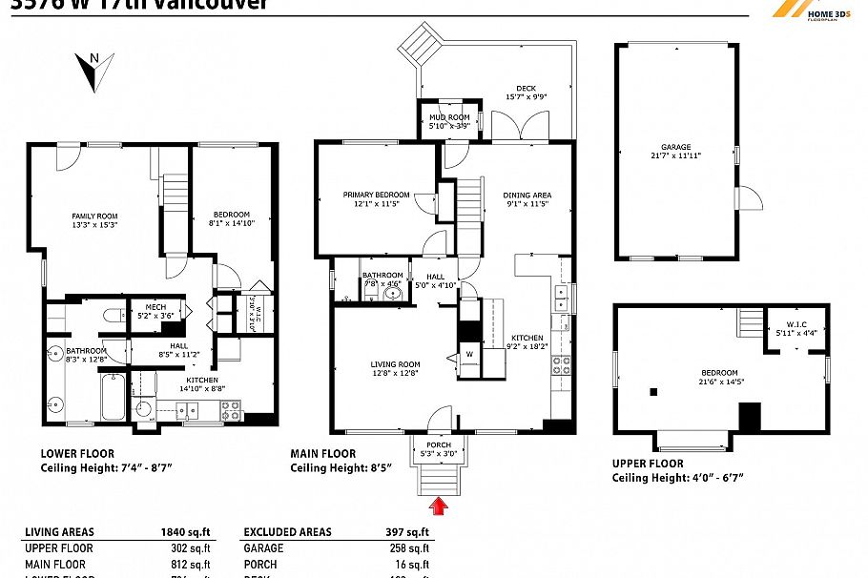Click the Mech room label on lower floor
tap(155, 307)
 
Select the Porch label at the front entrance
tap(440, 444)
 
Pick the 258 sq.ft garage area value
tap(412, 548)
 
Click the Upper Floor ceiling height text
tap(677, 478)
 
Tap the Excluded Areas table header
tap(287, 532)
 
